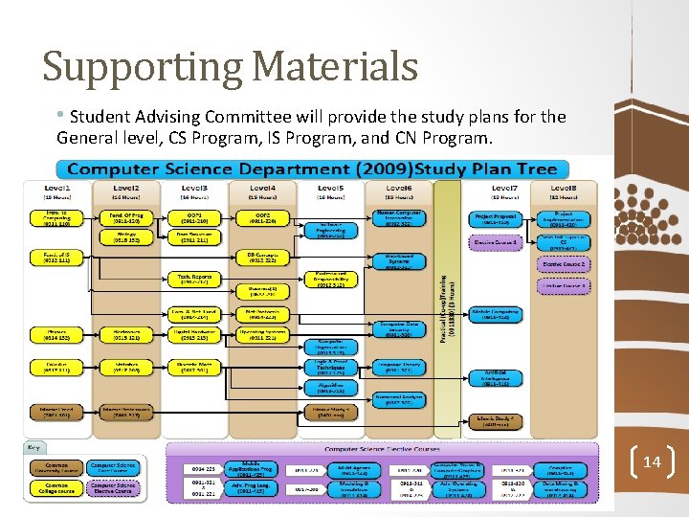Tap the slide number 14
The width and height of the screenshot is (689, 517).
click(x=652, y=462)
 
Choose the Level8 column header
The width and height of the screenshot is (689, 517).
click(x=564, y=189)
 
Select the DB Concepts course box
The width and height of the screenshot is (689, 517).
click(x=260, y=258)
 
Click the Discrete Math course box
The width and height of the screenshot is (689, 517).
click(x=193, y=367)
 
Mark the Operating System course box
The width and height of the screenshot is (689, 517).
click(x=260, y=335)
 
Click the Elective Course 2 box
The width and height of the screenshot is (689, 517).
click(x=564, y=264)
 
